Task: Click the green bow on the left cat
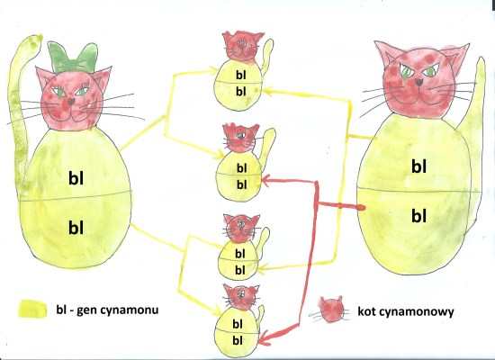point(73,58)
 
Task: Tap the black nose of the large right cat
point(419,82)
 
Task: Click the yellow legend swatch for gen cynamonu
point(32,309)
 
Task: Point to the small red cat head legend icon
point(331,310)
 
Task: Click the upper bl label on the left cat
point(76,178)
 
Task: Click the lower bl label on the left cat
point(76,227)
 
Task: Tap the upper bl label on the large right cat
point(418,166)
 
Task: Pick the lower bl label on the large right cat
point(418,216)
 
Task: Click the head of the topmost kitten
point(242,46)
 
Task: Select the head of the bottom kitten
point(241,296)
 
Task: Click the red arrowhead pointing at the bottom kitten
point(265,338)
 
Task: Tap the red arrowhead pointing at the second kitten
point(267,181)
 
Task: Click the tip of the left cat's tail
point(39,37)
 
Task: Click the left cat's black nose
point(71,102)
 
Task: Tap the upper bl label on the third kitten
point(240,253)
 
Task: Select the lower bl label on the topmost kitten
point(241,92)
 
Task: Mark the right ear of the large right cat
point(458,54)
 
